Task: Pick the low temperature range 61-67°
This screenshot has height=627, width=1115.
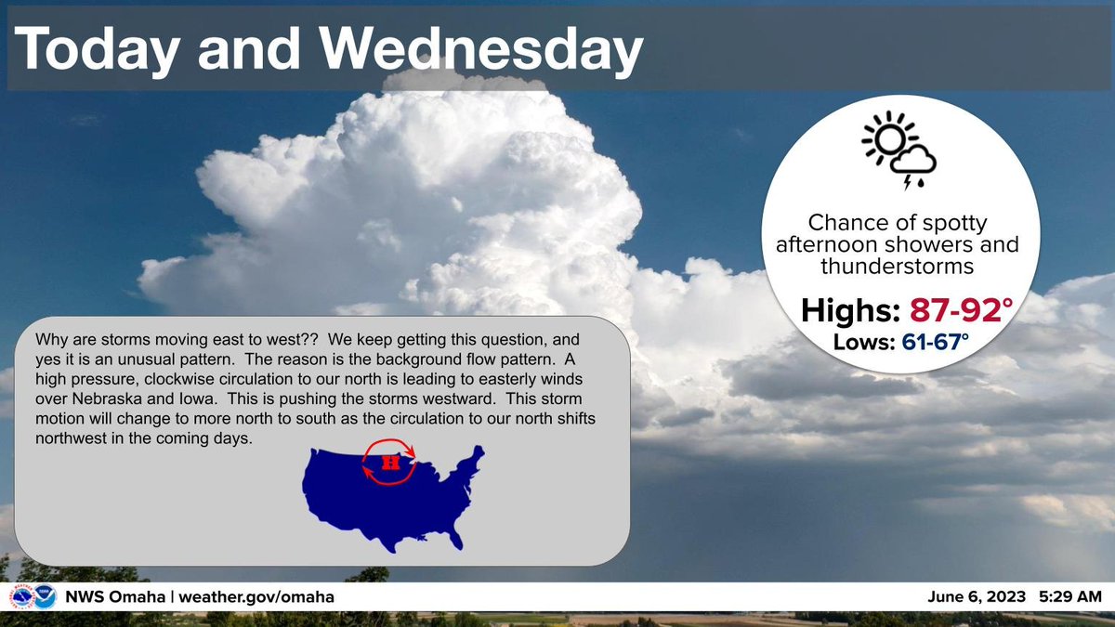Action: pos(935,344)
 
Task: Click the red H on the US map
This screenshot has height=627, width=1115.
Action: pos(390,462)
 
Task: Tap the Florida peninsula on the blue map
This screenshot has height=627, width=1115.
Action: pos(453,536)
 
